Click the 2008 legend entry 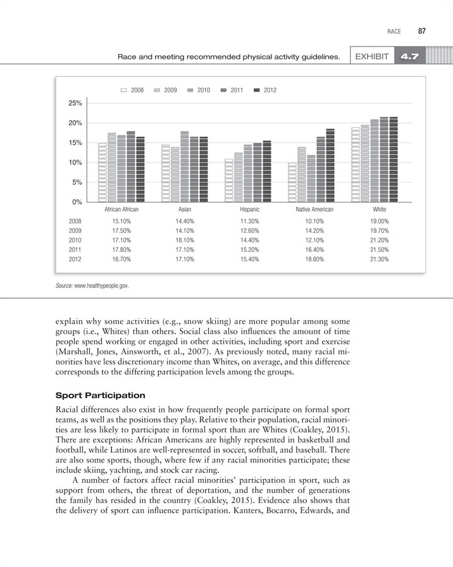132,90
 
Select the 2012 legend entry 265,90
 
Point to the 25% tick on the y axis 75,103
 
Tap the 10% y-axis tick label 75,163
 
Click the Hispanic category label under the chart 249,209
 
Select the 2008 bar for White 356,165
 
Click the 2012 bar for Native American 330,165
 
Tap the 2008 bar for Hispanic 228,180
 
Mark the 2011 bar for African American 131,166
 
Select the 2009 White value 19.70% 380,231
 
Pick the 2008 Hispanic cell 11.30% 249,221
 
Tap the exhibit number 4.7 410,57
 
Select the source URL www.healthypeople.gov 102,286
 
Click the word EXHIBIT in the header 371,57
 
